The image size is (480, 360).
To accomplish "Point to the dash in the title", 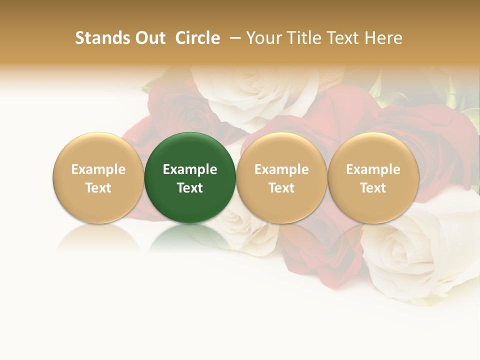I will tap(233, 38).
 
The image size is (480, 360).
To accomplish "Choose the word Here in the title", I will tap(384, 38).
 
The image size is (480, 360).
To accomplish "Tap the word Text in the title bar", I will tap(344, 38).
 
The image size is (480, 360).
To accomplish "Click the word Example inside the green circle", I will tap(190, 169).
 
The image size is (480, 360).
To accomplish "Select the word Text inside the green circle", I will tap(190, 188).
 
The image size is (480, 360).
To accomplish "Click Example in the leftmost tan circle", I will tap(98, 169).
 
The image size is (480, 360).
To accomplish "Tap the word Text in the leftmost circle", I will tap(98, 188).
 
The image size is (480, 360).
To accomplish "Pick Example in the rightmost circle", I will tap(373, 169).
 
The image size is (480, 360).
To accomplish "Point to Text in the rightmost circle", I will tap(373, 188).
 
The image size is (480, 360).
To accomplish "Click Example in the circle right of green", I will tap(281, 169).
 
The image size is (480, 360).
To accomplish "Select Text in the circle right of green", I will tap(281, 188).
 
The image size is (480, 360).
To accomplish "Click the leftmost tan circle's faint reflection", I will tap(98, 237).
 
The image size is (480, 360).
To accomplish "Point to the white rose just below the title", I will tap(250, 92).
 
